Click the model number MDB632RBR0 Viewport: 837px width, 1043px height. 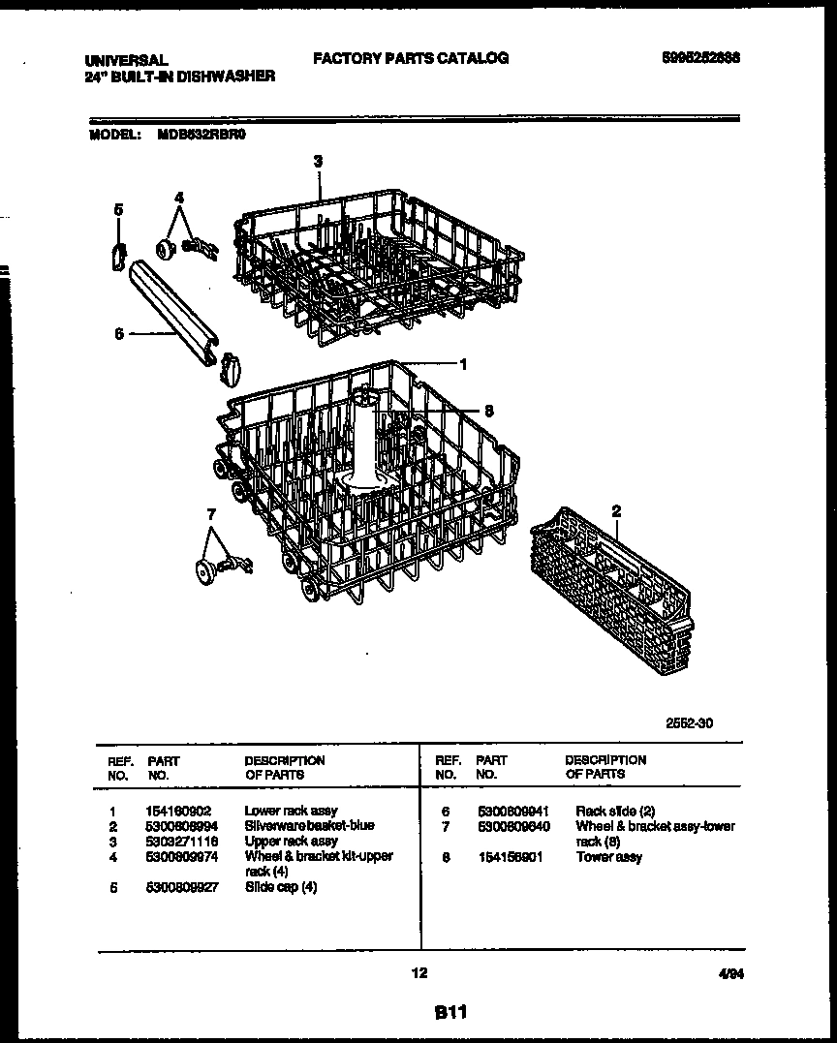pyautogui.click(x=201, y=137)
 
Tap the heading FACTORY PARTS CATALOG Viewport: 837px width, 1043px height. pyautogui.click(x=411, y=58)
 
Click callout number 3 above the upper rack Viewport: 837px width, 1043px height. pyautogui.click(x=318, y=161)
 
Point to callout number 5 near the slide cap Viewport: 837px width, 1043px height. pyautogui.click(x=118, y=208)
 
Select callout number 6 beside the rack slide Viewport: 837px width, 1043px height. pyautogui.click(x=118, y=333)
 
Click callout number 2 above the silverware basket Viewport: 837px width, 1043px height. pyautogui.click(x=616, y=510)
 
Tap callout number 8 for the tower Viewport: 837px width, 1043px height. pyautogui.click(x=488, y=411)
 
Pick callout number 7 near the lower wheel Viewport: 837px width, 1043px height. pyautogui.click(x=211, y=514)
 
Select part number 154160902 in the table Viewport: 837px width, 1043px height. pyautogui.click(x=180, y=811)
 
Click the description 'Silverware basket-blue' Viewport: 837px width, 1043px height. pyautogui.click(x=309, y=825)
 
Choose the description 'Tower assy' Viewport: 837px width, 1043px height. pyautogui.click(x=608, y=857)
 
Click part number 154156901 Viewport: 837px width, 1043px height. pyautogui.click(x=510, y=857)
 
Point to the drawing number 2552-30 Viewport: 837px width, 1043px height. pyautogui.click(x=690, y=722)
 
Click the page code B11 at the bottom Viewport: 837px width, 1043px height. pyautogui.click(x=450, y=1013)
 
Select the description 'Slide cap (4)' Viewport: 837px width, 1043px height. pyautogui.click(x=281, y=887)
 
